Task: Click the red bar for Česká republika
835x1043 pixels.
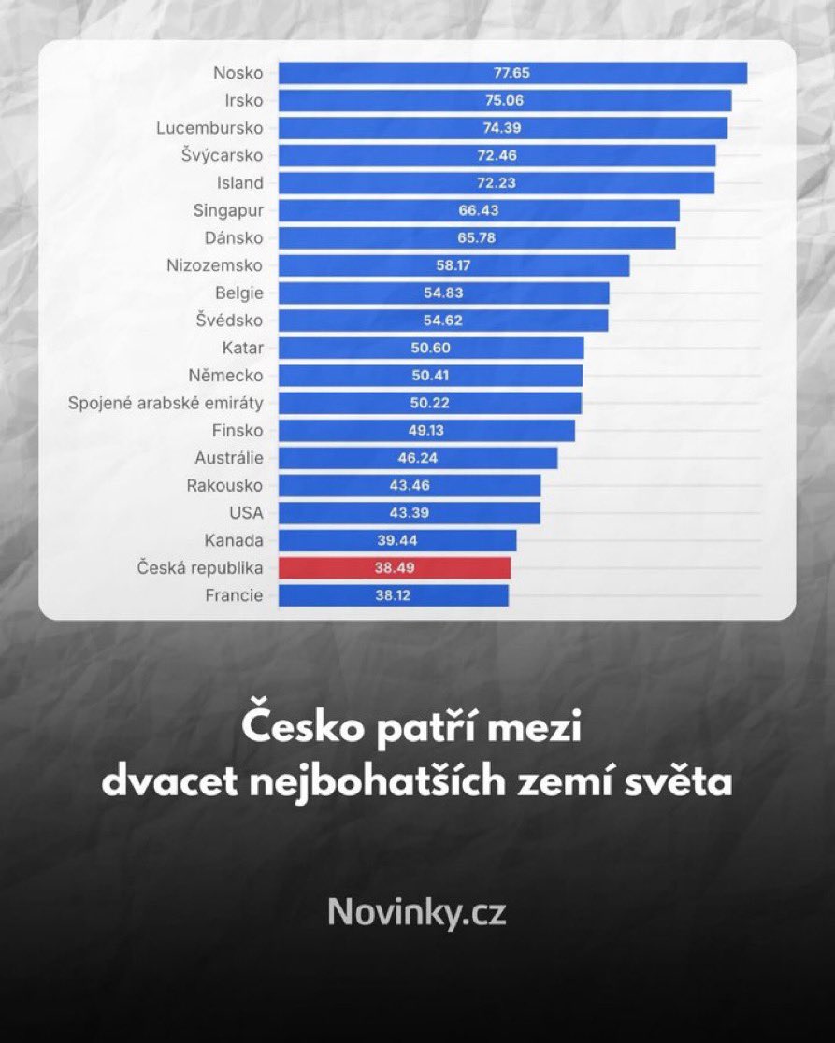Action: point(395,568)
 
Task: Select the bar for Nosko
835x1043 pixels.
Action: point(512,73)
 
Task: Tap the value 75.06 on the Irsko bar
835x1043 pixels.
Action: point(505,100)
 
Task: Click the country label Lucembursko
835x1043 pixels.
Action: point(209,128)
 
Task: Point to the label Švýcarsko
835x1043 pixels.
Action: point(223,155)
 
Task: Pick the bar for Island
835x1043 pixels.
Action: point(496,183)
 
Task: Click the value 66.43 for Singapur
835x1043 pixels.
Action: point(479,210)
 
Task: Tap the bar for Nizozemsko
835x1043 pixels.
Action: point(453,265)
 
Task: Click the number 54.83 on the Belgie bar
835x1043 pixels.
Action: point(443,293)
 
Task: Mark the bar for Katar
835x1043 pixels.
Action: point(431,348)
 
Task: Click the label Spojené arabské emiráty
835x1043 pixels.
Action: point(166,403)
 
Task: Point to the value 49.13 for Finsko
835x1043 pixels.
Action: point(426,430)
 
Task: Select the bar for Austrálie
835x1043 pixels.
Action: point(418,458)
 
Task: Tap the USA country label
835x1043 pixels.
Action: point(246,513)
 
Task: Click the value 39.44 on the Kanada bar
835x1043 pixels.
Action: point(397,540)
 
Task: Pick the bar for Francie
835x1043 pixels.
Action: point(394,595)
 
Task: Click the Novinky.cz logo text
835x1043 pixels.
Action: point(417,912)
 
